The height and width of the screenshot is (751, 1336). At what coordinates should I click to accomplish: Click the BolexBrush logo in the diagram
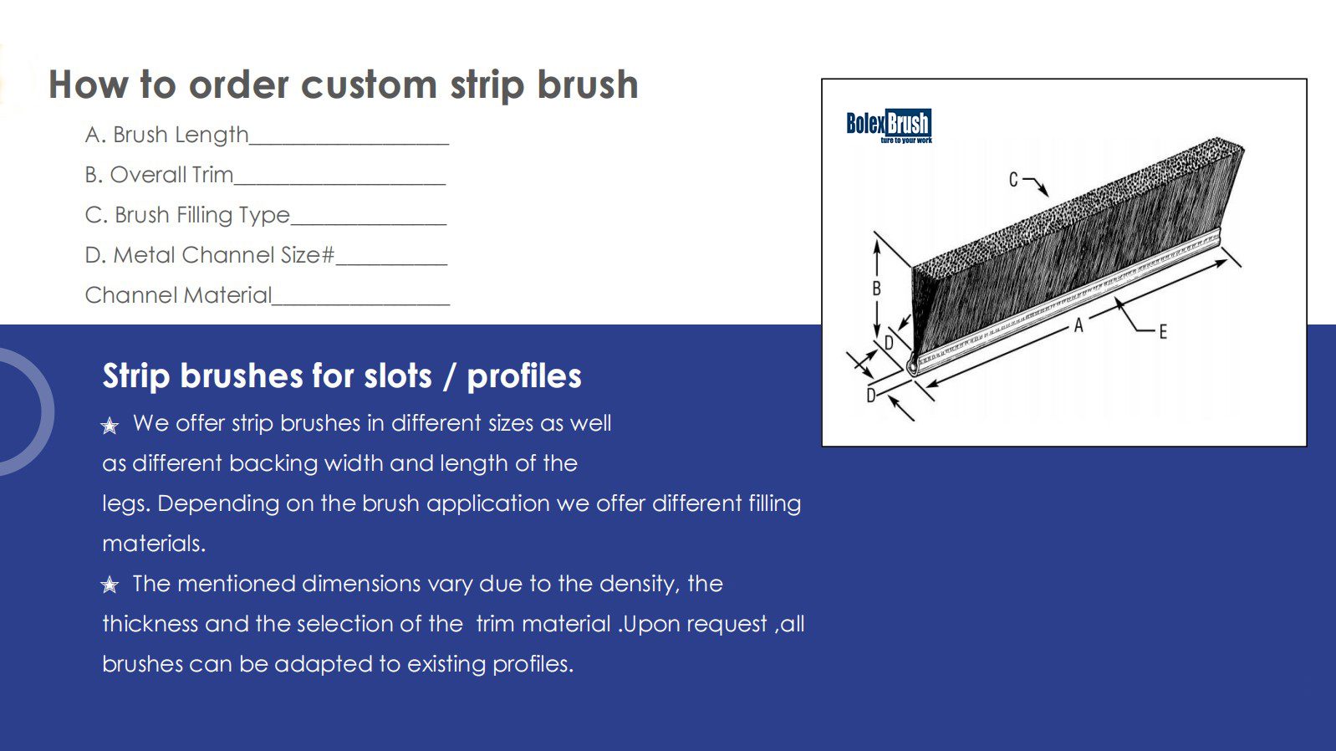889,125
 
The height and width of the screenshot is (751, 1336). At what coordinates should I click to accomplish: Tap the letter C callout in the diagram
1013,180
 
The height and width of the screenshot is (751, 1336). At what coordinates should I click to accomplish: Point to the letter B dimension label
877,289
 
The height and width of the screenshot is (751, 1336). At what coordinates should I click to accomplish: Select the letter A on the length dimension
1078,325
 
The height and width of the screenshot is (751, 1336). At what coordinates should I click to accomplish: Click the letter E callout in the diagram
1163,332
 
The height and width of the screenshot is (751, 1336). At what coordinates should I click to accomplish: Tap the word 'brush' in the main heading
588,84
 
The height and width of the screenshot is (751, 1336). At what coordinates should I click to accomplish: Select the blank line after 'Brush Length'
349,144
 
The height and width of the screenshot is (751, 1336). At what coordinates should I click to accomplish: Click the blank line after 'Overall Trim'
340,184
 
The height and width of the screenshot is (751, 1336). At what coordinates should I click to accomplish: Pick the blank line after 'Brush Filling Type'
369,223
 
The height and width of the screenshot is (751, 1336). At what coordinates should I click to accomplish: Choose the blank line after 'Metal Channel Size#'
391,263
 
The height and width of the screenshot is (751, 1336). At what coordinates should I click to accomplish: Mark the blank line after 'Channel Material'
361,304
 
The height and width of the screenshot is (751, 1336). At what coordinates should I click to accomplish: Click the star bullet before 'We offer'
110,426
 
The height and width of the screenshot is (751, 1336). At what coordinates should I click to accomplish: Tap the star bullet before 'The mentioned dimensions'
110,585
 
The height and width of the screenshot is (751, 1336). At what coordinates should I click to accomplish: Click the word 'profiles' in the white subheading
524,377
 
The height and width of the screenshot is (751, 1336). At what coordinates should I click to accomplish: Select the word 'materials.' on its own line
154,544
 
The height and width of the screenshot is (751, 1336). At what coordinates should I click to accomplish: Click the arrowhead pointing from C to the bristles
1043,191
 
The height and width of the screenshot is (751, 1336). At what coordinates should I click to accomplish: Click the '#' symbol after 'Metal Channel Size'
328,255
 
